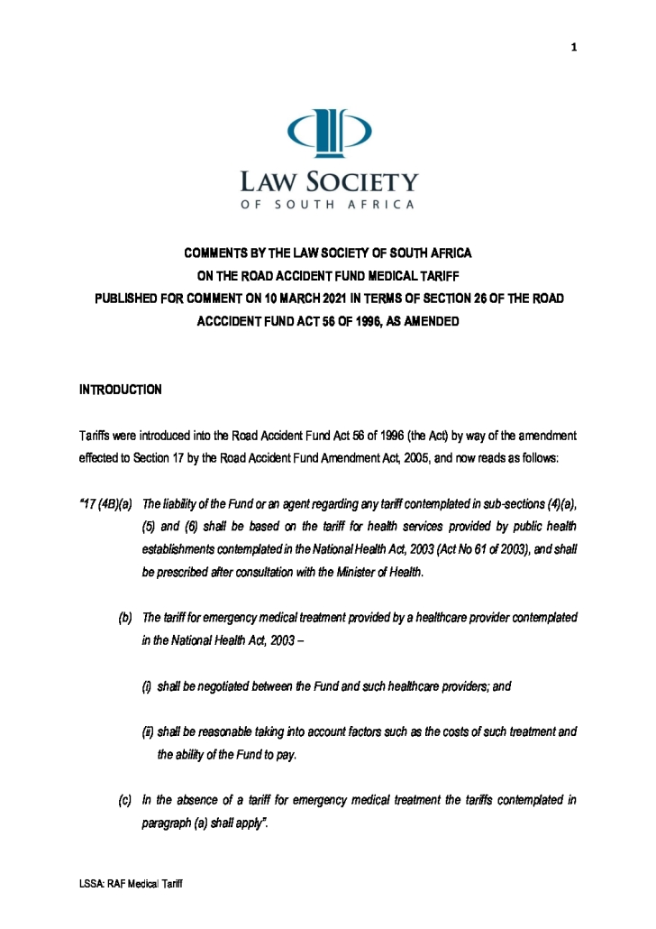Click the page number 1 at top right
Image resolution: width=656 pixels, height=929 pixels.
tap(573, 48)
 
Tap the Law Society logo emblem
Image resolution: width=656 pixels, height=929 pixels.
tap(328, 132)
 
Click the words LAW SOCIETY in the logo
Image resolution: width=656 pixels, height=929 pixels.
tap(328, 182)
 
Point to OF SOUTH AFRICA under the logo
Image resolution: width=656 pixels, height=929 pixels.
tap(328, 205)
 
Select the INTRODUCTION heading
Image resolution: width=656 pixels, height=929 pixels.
tap(121, 390)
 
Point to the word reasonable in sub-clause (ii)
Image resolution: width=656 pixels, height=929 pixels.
tap(229, 732)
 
